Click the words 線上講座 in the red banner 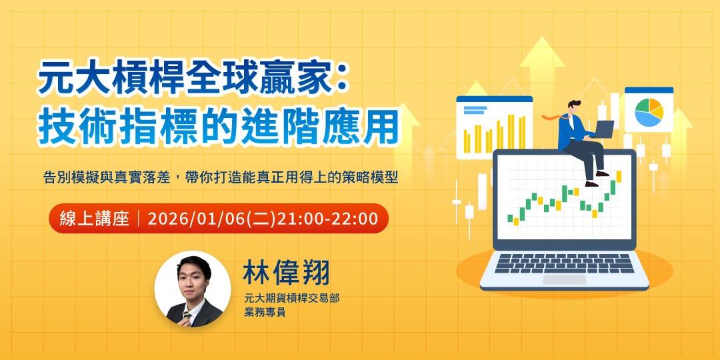94,219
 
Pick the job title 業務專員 265,312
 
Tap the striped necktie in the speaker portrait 188,317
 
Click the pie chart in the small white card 648,112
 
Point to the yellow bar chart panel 494,131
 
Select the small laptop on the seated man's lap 604,128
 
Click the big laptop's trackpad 564,279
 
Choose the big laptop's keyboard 564,263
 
